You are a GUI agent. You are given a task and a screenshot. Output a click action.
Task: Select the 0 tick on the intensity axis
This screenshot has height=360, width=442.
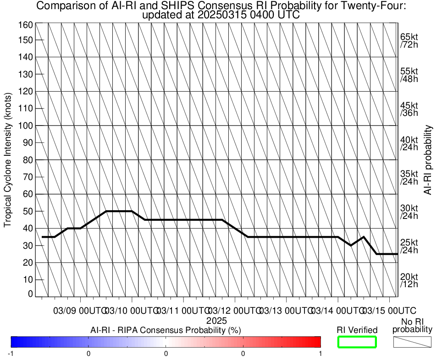pyautogui.click(x=30, y=294)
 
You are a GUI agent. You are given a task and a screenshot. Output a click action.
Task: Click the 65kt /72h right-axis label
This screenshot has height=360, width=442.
pyautogui.click(x=409, y=41)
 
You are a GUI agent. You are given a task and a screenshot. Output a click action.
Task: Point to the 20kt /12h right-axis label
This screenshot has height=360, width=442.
pyautogui.click(x=409, y=280)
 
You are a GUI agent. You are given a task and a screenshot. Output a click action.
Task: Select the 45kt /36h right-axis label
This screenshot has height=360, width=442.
pyautogui.click(x=409, y=109)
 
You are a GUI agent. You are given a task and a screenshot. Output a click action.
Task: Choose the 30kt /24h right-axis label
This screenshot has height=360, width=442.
pyautogui.click(x=409, y=212)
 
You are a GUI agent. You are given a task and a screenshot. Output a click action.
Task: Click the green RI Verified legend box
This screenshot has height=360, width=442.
pyautogui.click(x=357, y=342)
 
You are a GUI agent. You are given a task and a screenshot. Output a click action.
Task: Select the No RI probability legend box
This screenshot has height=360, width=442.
pyautogui.click(x=413, y=342)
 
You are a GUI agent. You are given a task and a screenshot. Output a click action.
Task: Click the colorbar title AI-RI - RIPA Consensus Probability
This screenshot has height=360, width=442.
pyautogui.click(x=166, y=330)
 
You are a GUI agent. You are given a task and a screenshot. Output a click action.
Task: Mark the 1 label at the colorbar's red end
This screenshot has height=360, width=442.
pyautogui.click(x=320, y=353)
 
